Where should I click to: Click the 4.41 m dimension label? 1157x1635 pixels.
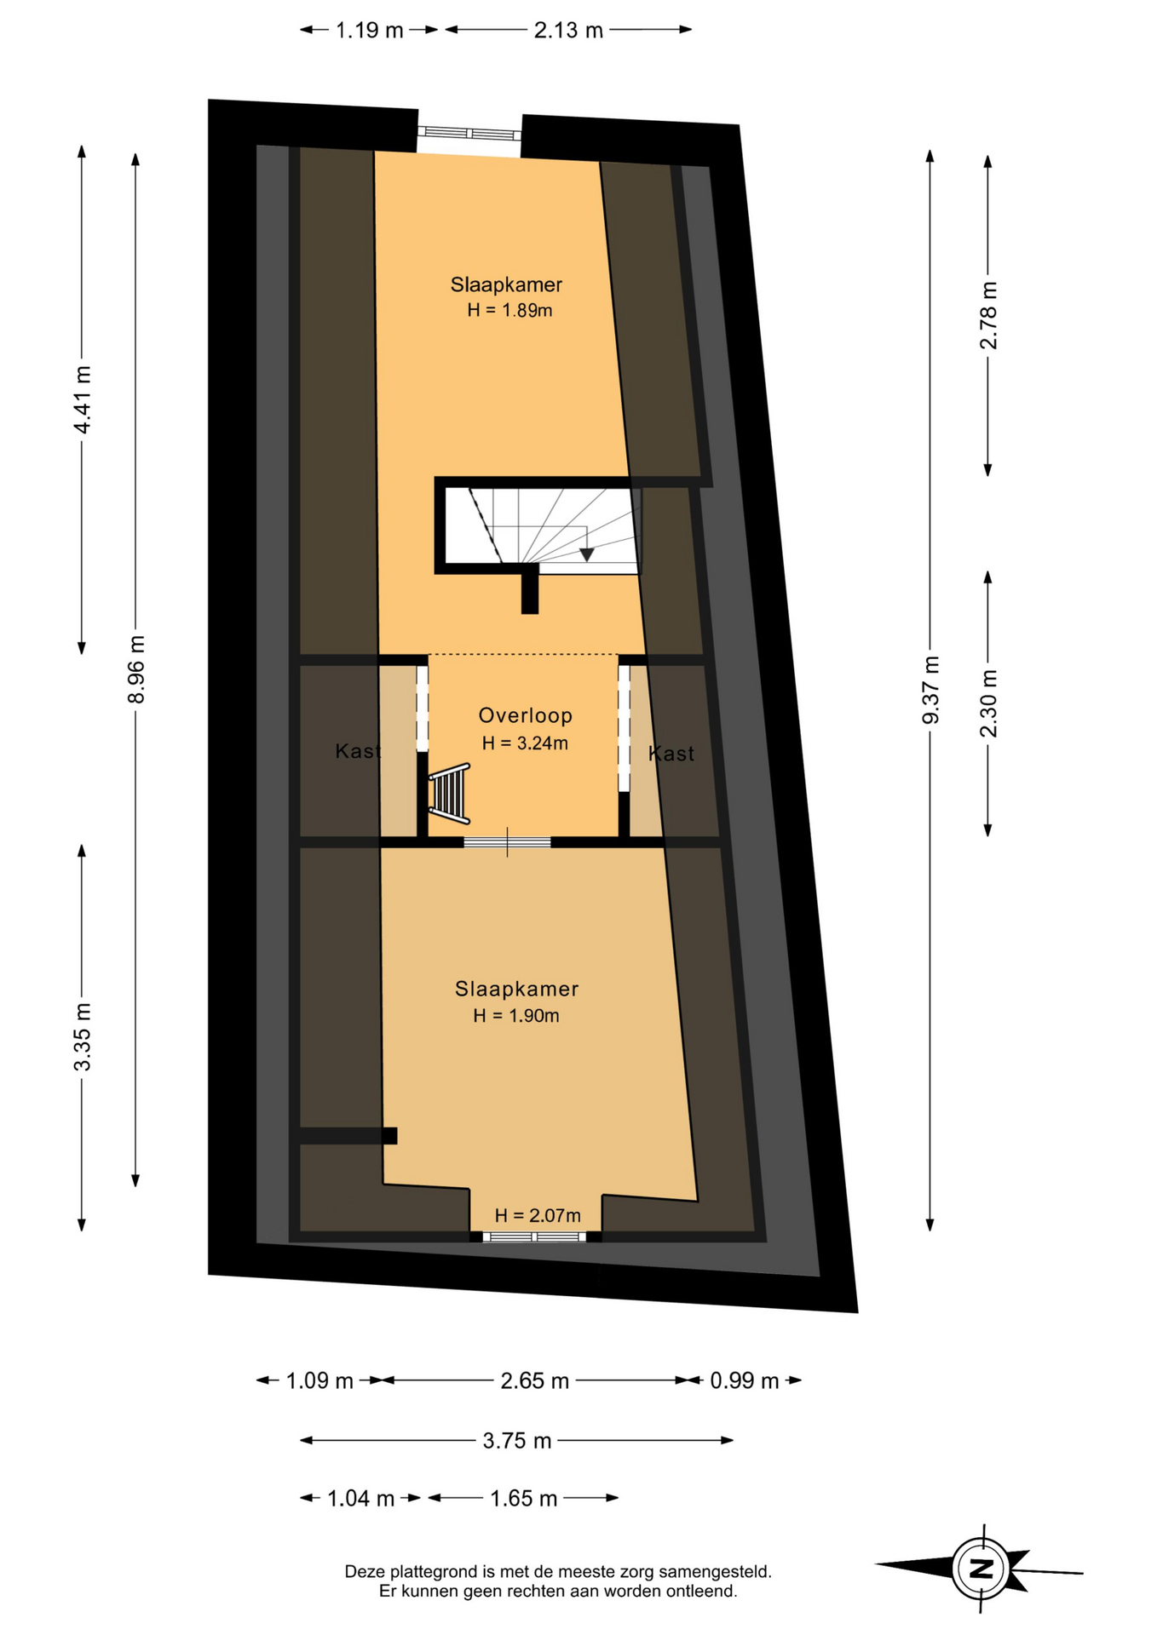pos(83,399)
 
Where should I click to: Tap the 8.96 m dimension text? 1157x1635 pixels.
pos(136,669)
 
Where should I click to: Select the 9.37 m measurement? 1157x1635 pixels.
pos(930,690)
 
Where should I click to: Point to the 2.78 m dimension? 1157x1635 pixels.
pos(988,315)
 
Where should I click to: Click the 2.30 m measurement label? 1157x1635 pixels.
pos(988,703)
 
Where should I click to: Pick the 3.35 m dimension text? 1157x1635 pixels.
pos(83,1037)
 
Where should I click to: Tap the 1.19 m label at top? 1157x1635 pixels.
pos(369,31)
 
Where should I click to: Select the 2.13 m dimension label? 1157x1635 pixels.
pos(568,31)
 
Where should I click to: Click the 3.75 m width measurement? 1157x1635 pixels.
pos(517,1441)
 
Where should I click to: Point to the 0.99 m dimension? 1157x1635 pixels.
pos(745,1380)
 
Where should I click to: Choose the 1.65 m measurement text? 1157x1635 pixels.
pos(523,1498)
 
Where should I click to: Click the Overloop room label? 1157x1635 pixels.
pos(525,715)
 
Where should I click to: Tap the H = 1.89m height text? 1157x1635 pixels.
pos(509,311)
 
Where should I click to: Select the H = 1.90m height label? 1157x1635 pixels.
pos(516,1015)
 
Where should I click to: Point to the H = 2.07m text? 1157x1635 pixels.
pos(538,1215)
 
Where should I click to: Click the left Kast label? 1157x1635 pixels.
pos(358,751)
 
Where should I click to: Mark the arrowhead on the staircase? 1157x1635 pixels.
pos(586,555)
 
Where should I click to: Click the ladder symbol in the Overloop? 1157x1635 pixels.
pos(449,794)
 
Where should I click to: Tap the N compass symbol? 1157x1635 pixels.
pos(982,1569)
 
